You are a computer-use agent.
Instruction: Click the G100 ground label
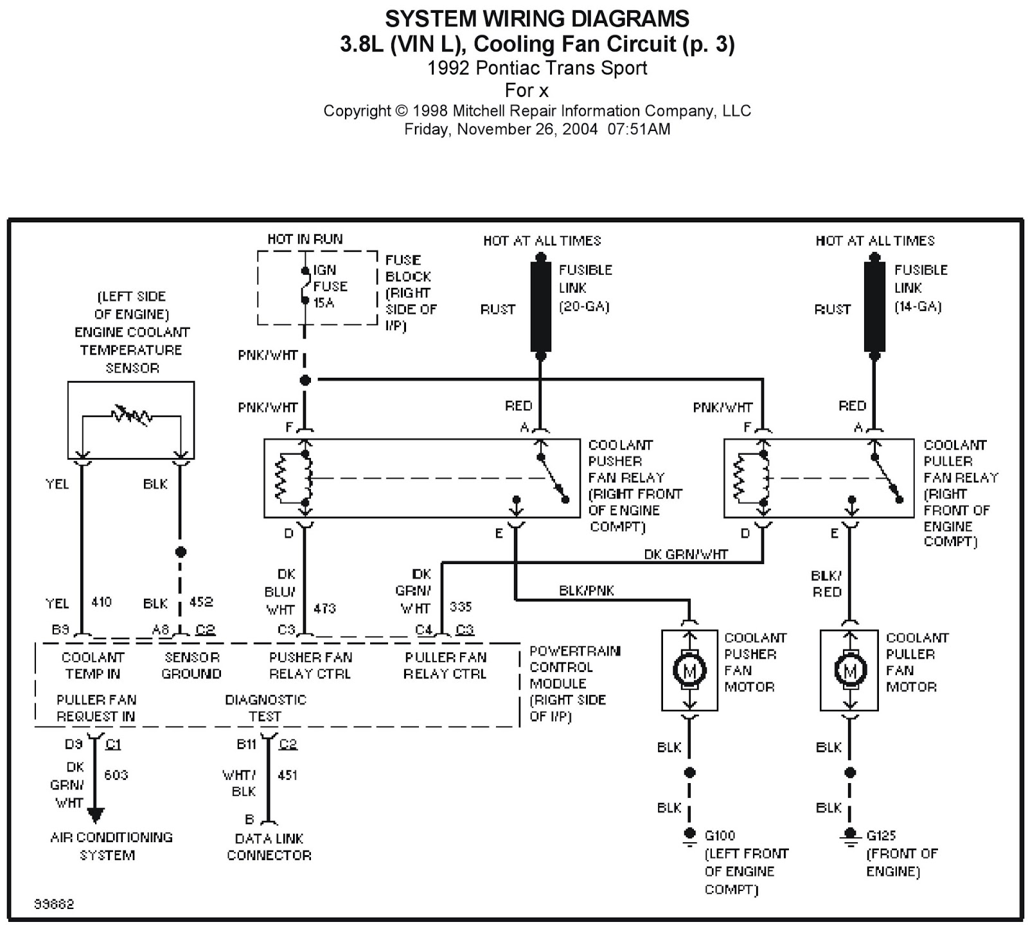720,836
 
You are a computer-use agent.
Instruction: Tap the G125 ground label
881,836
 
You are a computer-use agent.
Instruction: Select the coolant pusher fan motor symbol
689,671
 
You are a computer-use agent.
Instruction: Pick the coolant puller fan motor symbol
850,671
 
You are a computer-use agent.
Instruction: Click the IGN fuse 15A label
330,287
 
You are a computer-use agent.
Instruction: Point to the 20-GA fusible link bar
541,306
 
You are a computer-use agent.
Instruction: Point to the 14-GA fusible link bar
874,306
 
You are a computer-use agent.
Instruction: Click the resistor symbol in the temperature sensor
131,415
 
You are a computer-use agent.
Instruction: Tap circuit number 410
102,602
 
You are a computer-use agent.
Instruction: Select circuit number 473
324,608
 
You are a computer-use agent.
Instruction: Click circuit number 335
461,607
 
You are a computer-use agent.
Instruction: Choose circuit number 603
116,775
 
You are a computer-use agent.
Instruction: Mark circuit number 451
287,775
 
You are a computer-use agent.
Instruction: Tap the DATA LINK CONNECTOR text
269,847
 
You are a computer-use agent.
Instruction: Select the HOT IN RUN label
305,239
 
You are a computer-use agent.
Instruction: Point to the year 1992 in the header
449,68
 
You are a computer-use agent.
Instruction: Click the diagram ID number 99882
54,904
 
